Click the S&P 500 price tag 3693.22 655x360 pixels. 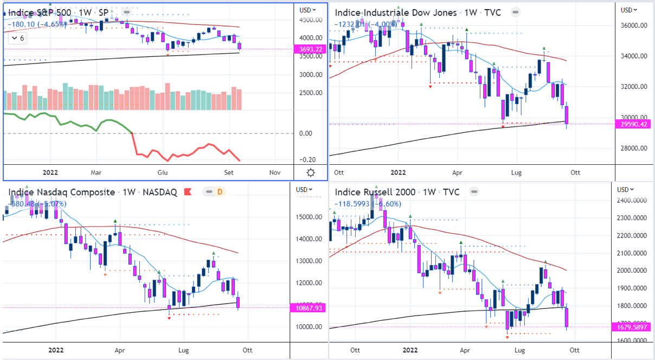point(311,49)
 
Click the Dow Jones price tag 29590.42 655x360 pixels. point(634,124)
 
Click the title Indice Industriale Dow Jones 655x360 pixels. point(395,12)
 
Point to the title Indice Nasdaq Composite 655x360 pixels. point(62,192)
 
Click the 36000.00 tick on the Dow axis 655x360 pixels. point(634,25)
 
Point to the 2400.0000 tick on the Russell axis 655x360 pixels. point(634,201)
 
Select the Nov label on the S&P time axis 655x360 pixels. point(275,173)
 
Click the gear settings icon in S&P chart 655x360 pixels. point(310,173)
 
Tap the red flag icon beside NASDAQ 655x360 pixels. point(188,192)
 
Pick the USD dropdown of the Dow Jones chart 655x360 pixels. point(629,10)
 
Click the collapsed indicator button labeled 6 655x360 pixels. point(18,38)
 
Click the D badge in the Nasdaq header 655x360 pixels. point(220,192)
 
